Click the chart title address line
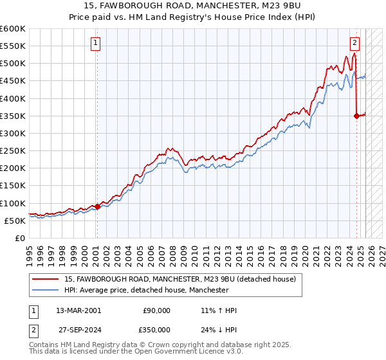[x=193, y=6]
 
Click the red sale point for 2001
[x=97, y=206]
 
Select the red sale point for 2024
[x=356, y=116]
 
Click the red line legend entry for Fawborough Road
[x=179, y=279]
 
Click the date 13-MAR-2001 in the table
[x=78, y=310]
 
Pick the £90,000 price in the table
[x=155, y=310]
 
